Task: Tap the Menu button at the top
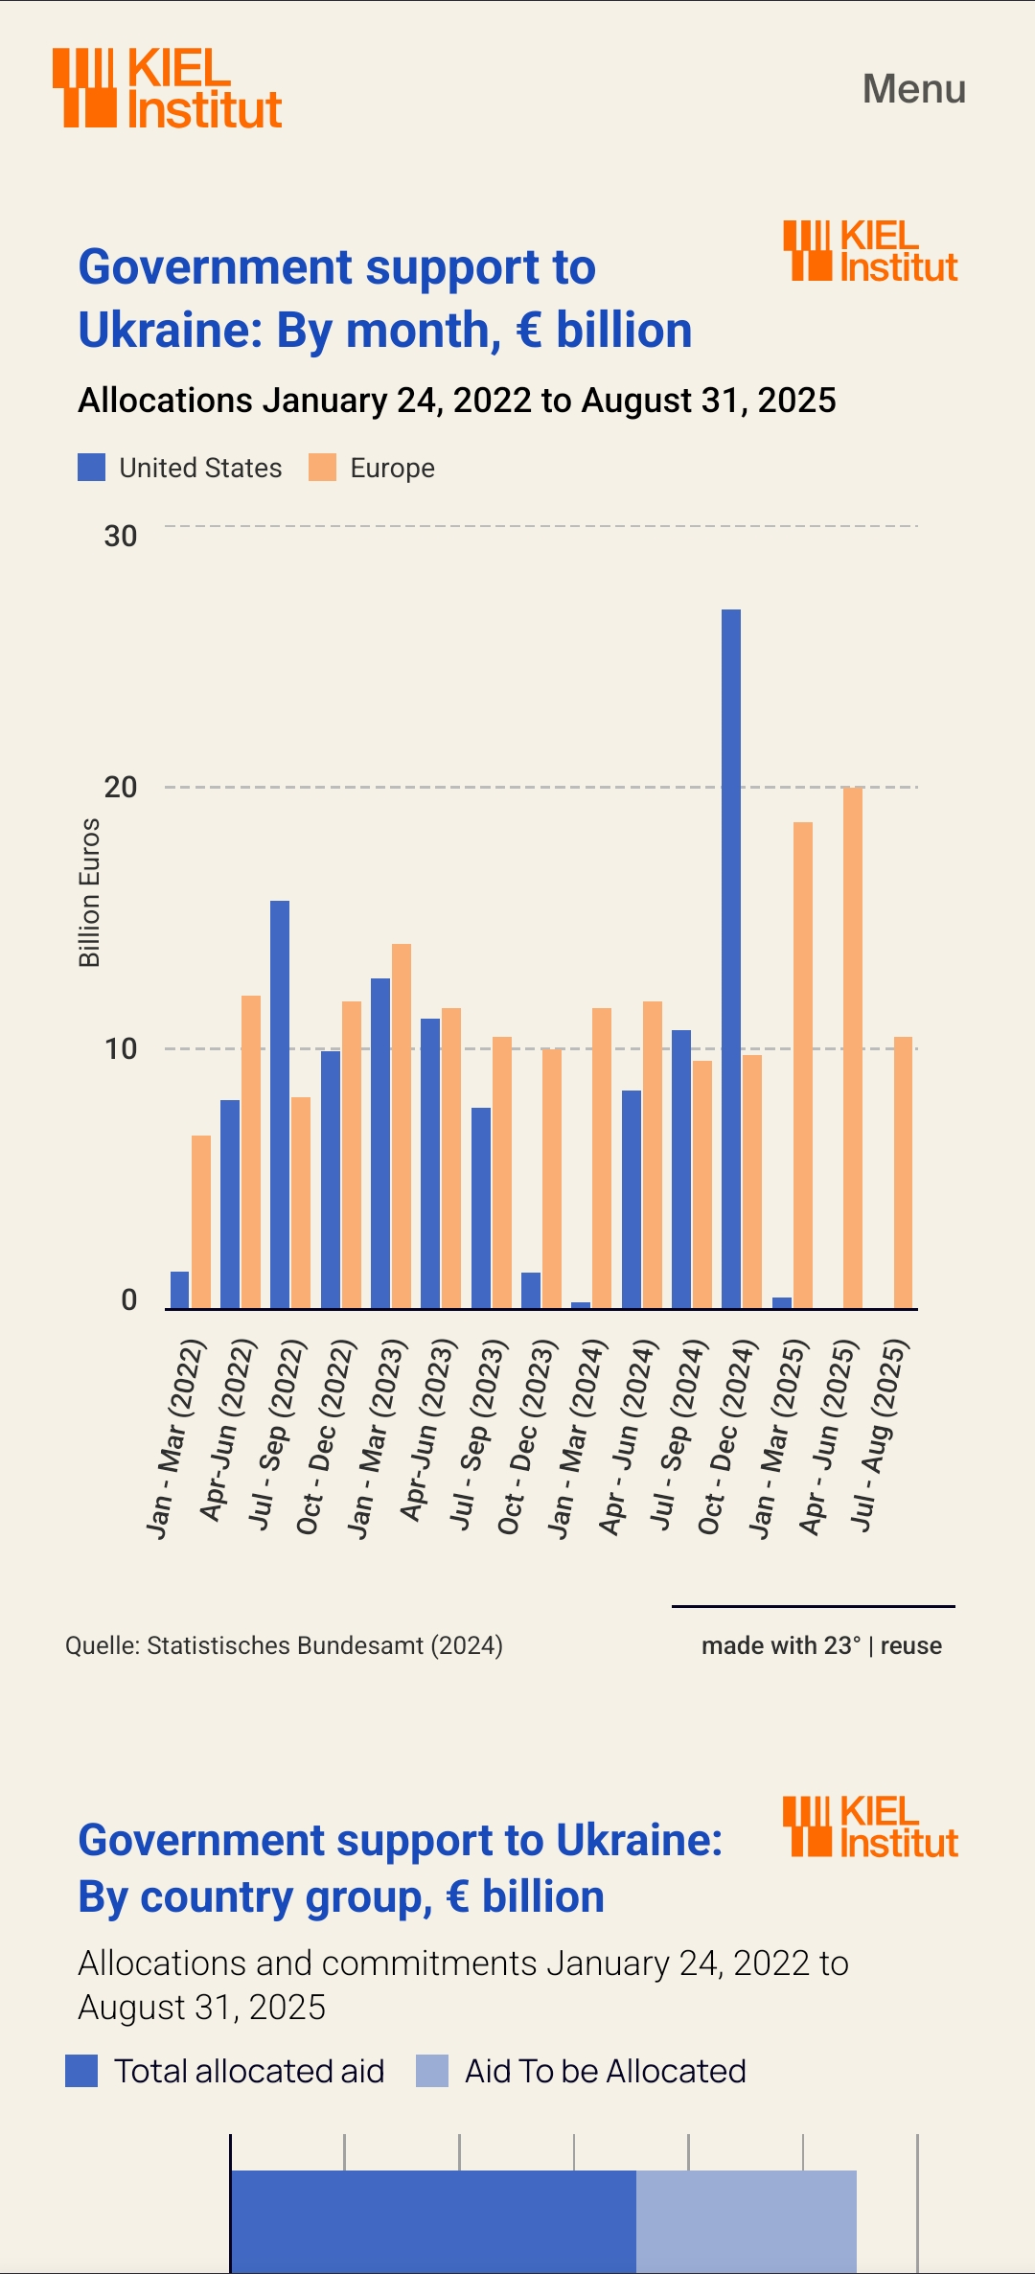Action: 913,89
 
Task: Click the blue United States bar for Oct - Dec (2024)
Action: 731,958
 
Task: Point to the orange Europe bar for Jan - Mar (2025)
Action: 803,1065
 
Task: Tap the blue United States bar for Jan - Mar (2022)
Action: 180,1290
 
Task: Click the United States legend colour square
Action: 92,468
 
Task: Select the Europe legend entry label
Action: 392,468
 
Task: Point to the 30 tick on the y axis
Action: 121,536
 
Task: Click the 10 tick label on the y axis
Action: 121,1049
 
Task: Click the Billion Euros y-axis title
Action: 89,892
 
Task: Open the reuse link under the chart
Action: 910,1645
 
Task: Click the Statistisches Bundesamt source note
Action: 284,1645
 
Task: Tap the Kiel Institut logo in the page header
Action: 168,88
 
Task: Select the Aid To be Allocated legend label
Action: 605,2071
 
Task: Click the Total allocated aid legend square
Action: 81,2071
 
